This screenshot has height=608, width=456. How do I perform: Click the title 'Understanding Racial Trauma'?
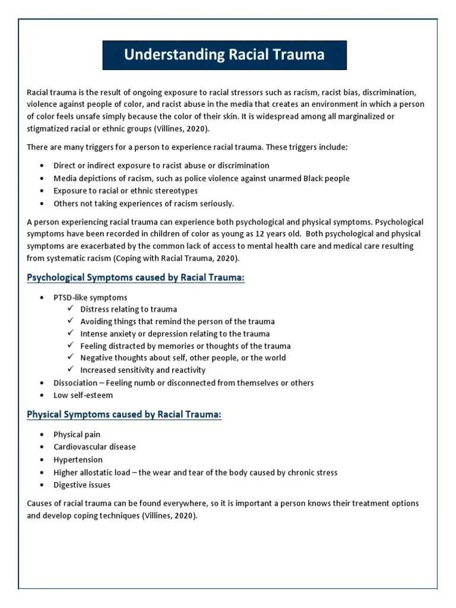coord(224,55)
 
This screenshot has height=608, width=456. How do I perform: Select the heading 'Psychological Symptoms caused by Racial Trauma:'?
coord(135,277)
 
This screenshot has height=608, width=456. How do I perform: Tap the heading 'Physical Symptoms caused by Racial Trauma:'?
coord(124,414)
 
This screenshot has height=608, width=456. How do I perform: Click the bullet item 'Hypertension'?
coord(78,460)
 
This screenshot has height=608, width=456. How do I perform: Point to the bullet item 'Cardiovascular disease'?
coord(94,446)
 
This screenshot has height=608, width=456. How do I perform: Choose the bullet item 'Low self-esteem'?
coord(83,395)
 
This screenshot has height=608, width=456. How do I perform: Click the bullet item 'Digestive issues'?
coord(82,485)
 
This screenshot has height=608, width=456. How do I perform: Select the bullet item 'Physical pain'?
coord(77,434)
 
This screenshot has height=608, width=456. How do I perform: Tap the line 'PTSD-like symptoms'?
coord(90,297)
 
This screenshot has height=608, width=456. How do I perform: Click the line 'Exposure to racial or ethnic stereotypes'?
coord(125,191)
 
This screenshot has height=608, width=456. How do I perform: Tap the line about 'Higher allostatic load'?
coord(195,473)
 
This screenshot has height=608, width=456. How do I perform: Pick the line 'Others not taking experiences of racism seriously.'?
coord(144,204)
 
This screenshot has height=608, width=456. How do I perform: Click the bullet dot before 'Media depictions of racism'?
coord(42,178)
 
